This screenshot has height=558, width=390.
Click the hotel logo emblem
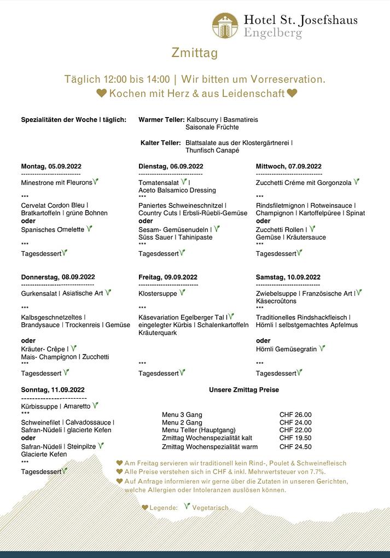225,25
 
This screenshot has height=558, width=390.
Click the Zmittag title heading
195,53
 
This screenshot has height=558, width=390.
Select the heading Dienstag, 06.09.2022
171,166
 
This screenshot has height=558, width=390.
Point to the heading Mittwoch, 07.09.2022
288,166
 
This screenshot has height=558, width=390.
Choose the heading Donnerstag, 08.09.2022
58,277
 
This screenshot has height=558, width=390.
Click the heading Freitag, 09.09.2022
168,277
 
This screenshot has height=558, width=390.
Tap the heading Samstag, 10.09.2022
288,277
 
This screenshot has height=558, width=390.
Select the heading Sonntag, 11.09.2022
53,390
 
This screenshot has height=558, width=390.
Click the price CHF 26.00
295,415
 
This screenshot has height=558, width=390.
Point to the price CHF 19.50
295,438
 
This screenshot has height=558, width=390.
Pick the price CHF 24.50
295,446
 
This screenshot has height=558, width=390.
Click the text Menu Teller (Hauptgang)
199,430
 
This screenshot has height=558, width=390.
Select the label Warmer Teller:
161,119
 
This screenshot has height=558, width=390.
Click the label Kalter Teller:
161,143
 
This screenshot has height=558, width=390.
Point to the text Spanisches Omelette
53,230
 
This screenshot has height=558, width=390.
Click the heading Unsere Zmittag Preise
244,390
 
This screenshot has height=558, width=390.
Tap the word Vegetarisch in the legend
210,508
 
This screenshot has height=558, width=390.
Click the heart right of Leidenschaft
292,94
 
